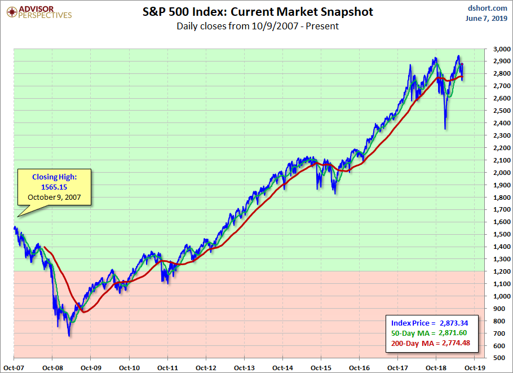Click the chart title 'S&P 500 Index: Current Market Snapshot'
coord(257,12)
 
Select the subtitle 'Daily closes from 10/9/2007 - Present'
coord(257,26)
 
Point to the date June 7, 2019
coord(488,19)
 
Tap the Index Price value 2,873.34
coord(454,323)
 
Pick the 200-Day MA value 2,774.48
coord(454,344)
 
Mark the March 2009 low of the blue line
coord(69,336)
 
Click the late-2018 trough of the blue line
coord(445,129)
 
